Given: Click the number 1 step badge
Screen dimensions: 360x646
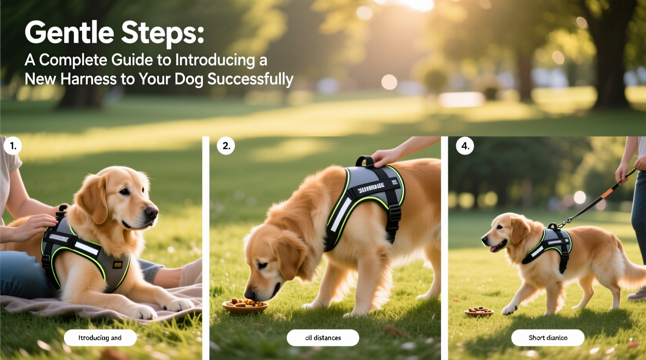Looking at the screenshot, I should pyautogui.click(x=13, y=146).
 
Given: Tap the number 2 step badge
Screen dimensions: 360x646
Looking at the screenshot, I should pyautogui.click(x=226, y=146).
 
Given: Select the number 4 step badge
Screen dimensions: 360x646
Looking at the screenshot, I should pyautogui.click(x=465, y=146).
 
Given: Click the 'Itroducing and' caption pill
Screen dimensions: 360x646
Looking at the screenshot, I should pyautogui.click(x=100, y=338).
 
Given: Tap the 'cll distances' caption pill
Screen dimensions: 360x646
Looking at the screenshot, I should pyautogui.click(x=323, y=338).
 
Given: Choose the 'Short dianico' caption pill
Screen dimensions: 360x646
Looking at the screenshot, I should pyautogui.click(x=548, y=338).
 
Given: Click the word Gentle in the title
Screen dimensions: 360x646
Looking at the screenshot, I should pyautogui.click(x=69, y=33).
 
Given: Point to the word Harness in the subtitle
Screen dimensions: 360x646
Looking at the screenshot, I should pyautogui.click(x=89, y=79).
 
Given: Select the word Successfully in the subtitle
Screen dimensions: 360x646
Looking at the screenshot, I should pyautogui.click(x=250, y=79).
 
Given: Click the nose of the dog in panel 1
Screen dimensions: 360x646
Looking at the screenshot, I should pyautogui.click(x=152, y=212).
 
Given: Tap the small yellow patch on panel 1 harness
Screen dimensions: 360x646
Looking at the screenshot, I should pyautogui.click(x=118, y=265).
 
